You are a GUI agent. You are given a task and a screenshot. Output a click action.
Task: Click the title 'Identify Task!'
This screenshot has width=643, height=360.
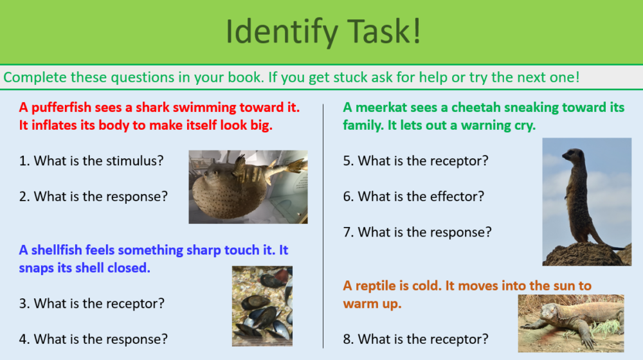(323, 32)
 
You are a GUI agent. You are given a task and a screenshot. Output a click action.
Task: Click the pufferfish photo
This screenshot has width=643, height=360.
(248, 187)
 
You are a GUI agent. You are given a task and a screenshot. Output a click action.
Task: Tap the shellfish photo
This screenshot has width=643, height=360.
(262, 306)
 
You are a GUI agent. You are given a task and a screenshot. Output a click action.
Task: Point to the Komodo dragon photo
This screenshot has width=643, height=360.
(570, 323)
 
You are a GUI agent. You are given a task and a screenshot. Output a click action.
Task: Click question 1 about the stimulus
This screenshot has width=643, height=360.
(91, 161)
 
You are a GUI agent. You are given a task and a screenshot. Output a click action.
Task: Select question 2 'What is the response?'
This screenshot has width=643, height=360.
(93, 197)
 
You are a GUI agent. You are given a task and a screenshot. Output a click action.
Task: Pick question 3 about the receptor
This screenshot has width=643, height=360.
(91, 303)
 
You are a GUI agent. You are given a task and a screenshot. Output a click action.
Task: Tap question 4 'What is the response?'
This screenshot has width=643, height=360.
(93, 338)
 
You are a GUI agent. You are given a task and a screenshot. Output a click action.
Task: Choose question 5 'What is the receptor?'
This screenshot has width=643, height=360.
(415, 161)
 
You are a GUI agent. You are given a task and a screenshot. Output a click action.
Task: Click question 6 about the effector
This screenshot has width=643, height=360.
(413, 196)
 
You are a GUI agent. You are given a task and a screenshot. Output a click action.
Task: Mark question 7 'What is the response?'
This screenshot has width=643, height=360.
(417, 231)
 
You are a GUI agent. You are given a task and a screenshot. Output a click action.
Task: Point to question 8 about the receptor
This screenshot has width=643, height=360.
(415, 338)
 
